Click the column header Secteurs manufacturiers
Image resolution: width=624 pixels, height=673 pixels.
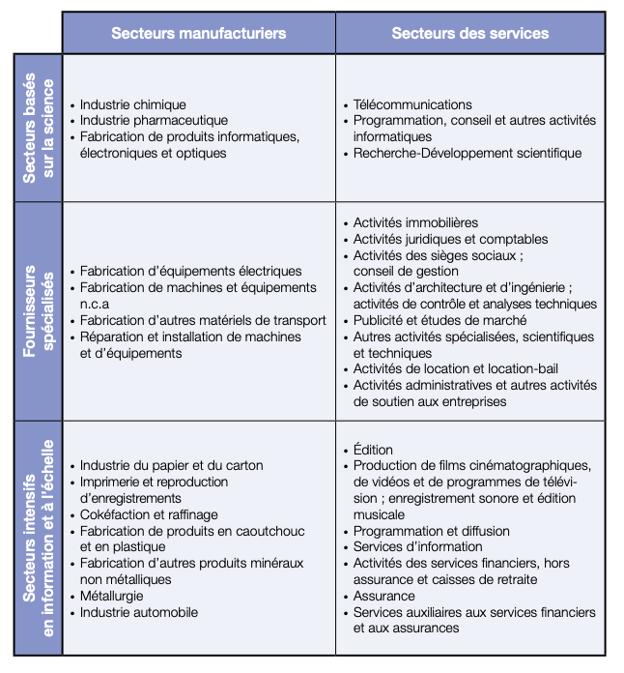click(x=199, y=34)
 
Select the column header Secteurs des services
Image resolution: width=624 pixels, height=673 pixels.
click(x=469, y=34)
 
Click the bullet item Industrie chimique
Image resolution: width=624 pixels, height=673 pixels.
click(x=132, y=104)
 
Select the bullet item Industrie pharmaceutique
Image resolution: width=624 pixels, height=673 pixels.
click(x=154, y=121)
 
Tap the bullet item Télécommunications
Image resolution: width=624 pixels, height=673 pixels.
click(x=412, y=104)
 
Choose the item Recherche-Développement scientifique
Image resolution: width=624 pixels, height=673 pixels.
click(x=468, y=153)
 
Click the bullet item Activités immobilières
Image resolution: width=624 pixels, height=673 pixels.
click(x=415, y=223)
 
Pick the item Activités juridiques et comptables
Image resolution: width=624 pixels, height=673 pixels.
click(x=450, y=240)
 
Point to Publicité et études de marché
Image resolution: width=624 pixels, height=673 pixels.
click(x=440, y=321)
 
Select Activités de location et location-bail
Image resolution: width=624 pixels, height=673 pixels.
click(x=455, y=369)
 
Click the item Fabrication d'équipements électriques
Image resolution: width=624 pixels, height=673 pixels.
click(x=190, y=272)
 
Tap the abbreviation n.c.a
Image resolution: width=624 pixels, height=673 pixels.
click(x=95, y=305)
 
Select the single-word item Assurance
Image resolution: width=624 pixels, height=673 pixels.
click(x=383, y=596)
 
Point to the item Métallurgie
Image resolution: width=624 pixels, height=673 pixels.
click(x=111, y=596)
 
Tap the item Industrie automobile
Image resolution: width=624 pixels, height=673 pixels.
click(x=139, y=612)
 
